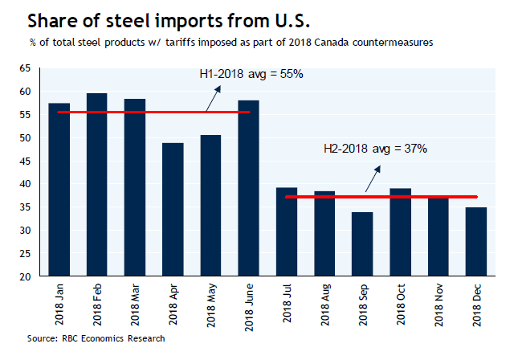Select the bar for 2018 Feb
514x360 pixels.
(97, 185)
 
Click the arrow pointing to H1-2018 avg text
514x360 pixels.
(213, 97)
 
